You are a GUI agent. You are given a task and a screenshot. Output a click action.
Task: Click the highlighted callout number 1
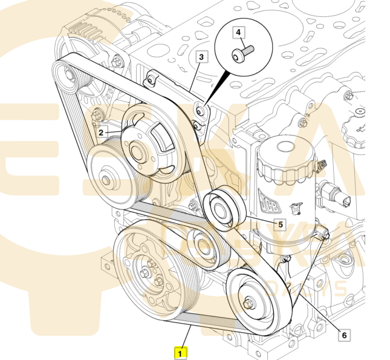[x=181, y=351]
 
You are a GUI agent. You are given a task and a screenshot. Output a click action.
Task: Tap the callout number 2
[x=101, y=131]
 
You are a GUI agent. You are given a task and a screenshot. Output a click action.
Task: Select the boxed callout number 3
[x=201, y=57]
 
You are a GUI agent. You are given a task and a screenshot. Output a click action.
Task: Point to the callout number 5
[x=281, y=224]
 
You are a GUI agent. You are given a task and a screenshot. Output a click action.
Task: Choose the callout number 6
[x=344, y=334]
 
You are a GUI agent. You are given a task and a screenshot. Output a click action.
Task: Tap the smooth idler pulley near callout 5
[x=224, y=209]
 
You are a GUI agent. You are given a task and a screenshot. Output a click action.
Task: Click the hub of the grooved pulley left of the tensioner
[x=107, y=178]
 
